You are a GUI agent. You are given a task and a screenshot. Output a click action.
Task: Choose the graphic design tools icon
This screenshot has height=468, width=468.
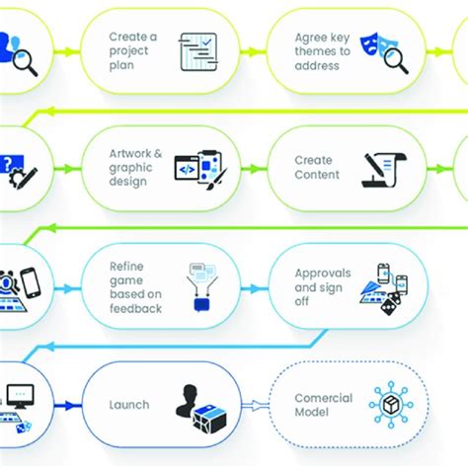(x=201, y=167)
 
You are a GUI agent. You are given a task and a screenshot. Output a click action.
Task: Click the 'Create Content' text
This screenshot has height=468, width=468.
(x=317, y=167)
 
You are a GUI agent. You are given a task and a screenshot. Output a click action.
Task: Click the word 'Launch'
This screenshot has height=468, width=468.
(x=129, y=404)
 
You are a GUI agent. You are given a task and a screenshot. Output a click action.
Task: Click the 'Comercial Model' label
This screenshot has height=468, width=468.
(x=323, y=405)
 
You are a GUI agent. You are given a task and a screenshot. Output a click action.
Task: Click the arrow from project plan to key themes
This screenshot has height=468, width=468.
(x=252, y=51)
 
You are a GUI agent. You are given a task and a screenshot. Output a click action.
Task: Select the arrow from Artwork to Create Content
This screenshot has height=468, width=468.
(x=253, y=168)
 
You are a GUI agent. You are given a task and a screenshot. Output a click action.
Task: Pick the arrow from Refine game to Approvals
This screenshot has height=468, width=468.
(x=253, y=287)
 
